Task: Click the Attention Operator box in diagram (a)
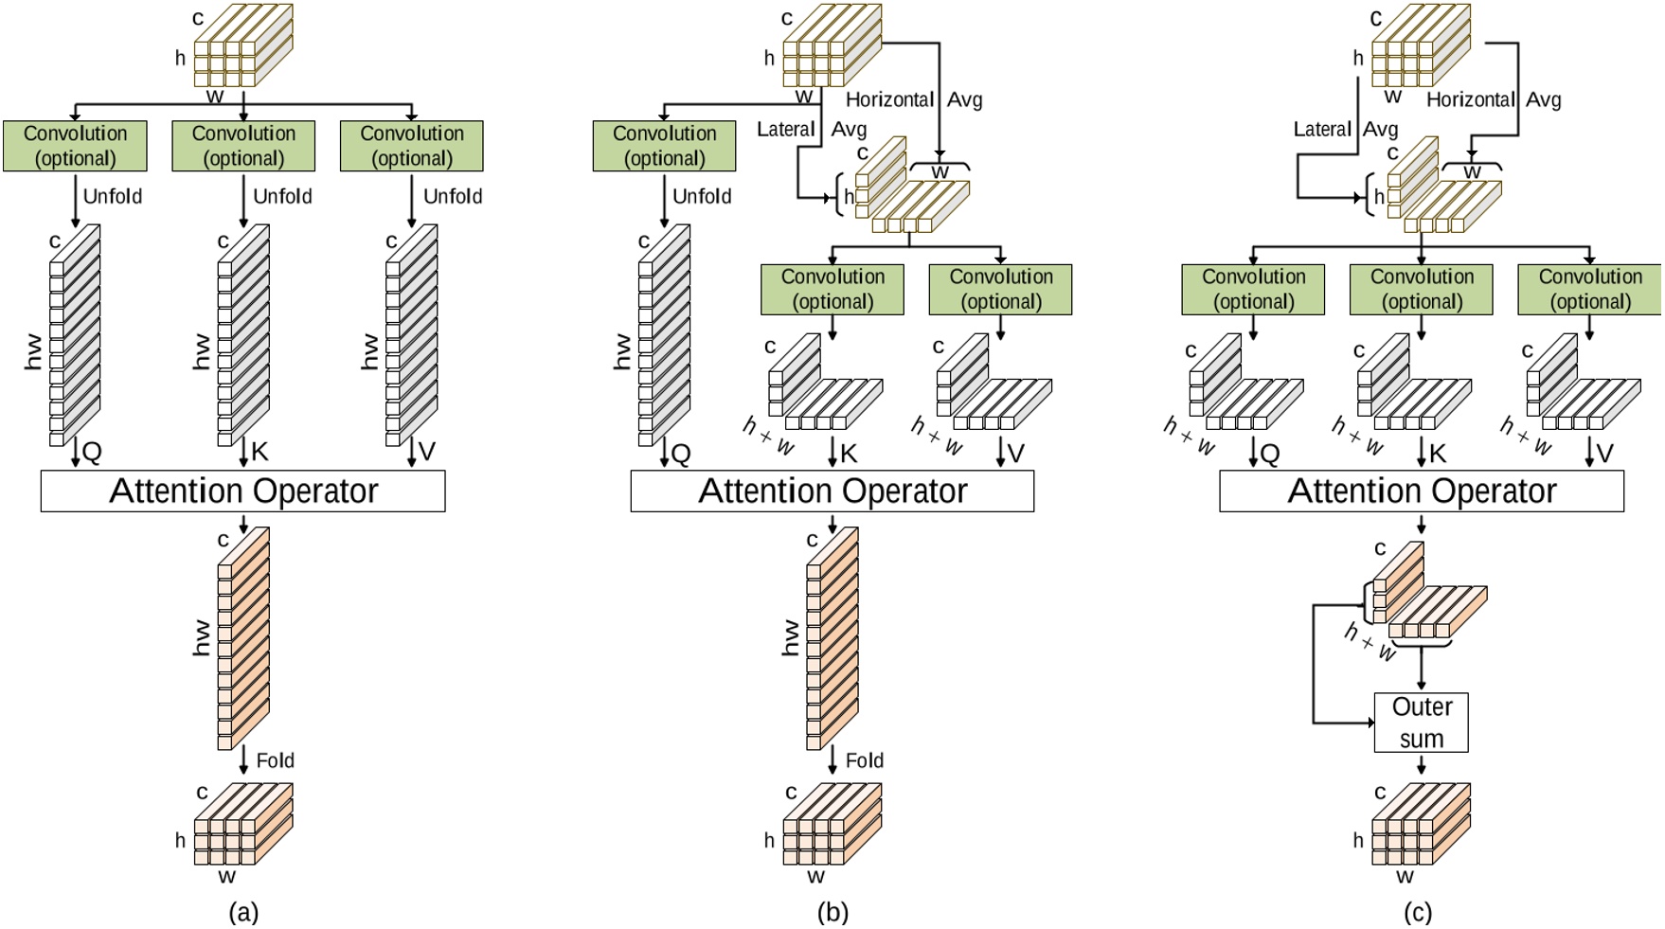pyautogui.click(x=242, y=491)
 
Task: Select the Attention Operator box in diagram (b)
pyautogui.click(x=832, y=491)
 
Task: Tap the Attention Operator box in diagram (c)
pyautogui.click(x=1421, y=491)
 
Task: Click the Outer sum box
pyautogui.click(x=1421, y=723)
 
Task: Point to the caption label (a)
pyautogui.click(x=243, y=912)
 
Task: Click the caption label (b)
pyautogui.click(x=832, y=912)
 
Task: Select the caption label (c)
pyautogui.click(x=1417, y=912)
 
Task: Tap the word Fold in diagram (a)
pyautogui.click(x=275, y=760)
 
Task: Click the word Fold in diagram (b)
pyautogui.click(x=864, y=760)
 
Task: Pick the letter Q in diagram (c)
pyautogui.click(x=1270, y=454)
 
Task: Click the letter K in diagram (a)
pyautogui.click(x=260, y=452)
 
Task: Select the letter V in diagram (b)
pyautogui.click(x=1015, y=454)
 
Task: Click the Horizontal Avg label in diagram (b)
pyautogui.click(x=913, y=99)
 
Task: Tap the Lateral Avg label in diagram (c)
pyautogui.click(x=1345, y=129)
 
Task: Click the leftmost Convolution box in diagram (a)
pyautogui.click(x=75, y=146)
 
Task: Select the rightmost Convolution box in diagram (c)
pyautogui.click(x=1589, y=289)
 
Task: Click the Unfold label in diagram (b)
pyautogui.click(x=701, y=196)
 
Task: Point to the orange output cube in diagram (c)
pyautogui.click(x=1421, y=824)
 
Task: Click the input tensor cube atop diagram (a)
pyautogui.click(x=242, y=45)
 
